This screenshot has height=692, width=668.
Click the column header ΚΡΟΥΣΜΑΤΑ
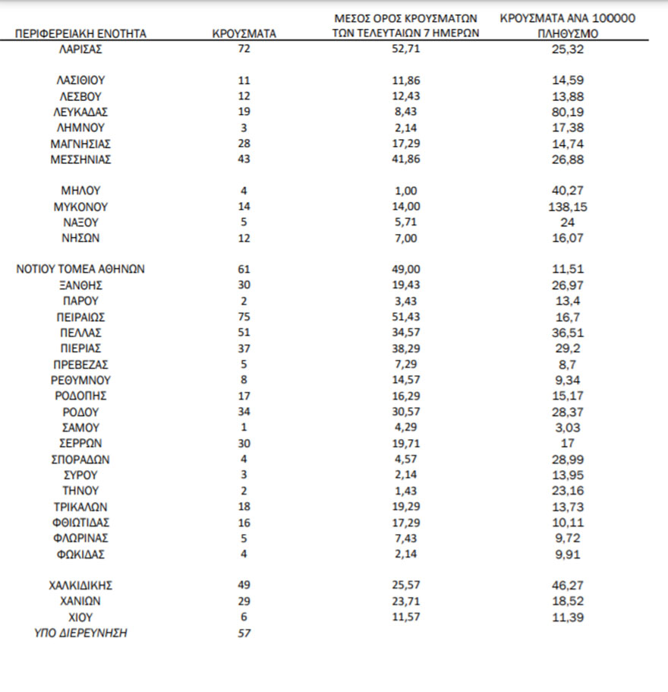pyautogui.click(x=244, y=34)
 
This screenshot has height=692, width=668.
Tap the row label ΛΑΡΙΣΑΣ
pyautogui.click(x=80, y=49)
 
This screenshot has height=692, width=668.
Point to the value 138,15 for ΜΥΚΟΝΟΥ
pyautogui.click(x=569, y=207)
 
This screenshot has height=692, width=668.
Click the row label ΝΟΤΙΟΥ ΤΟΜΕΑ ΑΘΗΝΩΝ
pyautogui.click(x=80, y=269)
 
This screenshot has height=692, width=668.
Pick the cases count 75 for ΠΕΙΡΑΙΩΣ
pyautogui.click(x=244, y=317)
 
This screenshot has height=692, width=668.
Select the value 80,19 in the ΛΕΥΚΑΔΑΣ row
pyautogui.click(x=569, y=112)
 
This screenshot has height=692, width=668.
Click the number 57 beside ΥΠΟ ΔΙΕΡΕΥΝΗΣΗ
pyautogui.click(x=244, y=633)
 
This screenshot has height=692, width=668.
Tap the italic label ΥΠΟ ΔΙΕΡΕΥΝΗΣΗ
pyautogui.click(x=80, y=633)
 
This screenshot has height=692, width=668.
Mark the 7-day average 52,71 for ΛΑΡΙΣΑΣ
pyautogui.click(x=406, y=49)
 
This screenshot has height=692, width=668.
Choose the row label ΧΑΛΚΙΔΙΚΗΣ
pyautogui.click(x=80, y=585)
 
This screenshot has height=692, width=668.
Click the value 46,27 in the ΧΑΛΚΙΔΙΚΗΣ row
pyautogui.click(x=569, y=585)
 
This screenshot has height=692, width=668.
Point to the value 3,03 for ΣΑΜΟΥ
pyautogui.click(x=569, y=428)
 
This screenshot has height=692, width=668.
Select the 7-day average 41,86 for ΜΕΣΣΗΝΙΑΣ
pyautogui.click(x=406, y=160)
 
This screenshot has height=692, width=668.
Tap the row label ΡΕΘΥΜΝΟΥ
pyautogui.click(x=80, y=380)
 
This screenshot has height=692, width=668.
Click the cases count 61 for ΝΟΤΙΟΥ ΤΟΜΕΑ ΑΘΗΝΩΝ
pyautogui.click(x=244, y=269)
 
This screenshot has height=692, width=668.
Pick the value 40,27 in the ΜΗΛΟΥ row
pyautogui.click(x=569, y=191)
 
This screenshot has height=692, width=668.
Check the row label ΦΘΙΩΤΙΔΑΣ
pyautogui.click(x=80, y=523)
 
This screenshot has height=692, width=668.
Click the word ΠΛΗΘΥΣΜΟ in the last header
pyautogui.click(x=569, y=34)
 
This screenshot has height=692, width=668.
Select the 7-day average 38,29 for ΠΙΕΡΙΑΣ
pyautogui.click(x=406, y=349)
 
